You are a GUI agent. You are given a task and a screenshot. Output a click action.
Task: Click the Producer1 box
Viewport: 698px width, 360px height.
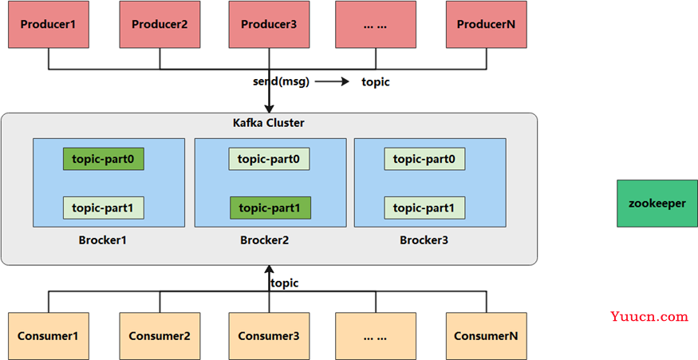tap(49, 25)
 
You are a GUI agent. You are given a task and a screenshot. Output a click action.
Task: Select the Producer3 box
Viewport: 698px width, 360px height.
tap(269, 25)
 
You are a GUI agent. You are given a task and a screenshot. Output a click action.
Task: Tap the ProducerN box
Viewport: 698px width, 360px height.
tap(487, 25)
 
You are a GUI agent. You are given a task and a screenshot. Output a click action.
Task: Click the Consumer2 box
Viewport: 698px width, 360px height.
tap(160, 336)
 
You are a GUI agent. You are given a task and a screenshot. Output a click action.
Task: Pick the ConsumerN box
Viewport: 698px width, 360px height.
tap(487, 336)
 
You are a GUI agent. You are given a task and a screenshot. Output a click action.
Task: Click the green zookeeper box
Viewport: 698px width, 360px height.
tap(657, 204)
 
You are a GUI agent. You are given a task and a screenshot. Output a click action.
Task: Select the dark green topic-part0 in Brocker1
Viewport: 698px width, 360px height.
tap(103, 159)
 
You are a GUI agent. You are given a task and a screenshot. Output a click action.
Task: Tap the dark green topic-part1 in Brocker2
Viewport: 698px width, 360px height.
tap(270, 208)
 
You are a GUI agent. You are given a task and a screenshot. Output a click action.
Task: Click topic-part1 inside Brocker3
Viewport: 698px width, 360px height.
tap(424, 208)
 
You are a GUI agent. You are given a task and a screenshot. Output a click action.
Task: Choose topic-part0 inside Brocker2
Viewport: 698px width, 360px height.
tap(269, 159)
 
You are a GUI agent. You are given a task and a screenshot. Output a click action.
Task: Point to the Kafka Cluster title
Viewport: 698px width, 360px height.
tap(269, 123)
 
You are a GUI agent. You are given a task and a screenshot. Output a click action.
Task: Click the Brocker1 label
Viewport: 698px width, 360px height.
tap(103, 240)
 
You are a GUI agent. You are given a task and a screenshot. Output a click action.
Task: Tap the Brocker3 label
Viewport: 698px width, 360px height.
tap(424, 240)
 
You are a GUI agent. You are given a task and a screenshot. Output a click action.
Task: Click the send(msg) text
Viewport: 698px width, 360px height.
tap(281, 82)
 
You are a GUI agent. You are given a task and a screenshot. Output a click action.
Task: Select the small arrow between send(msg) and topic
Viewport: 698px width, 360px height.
tap(332, 81)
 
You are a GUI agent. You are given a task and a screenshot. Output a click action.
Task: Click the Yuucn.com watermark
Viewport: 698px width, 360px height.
tap(649, 317)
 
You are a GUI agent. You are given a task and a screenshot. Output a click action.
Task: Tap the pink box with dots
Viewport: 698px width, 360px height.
tap(376, 25)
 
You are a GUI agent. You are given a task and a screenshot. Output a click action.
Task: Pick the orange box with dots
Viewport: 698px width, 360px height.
tap(376, 336)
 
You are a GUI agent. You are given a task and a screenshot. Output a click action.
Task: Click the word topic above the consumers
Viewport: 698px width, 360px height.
tap(285, 283)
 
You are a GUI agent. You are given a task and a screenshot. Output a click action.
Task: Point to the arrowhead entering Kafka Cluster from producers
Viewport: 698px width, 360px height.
tap(269, 109)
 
